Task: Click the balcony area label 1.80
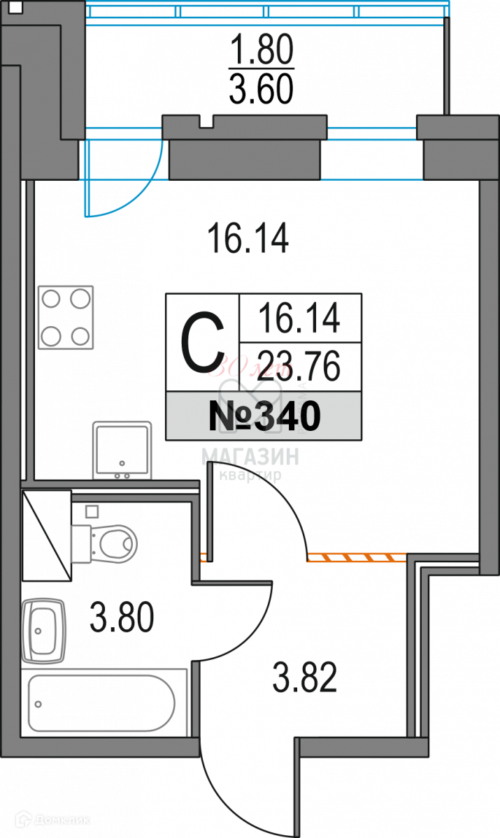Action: (x=262, y=52)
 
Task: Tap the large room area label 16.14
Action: (x=248, y=238)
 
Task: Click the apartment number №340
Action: (x=264, y=417)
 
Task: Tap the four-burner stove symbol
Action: (x=66, y=318)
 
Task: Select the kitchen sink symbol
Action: (x=122, y=450)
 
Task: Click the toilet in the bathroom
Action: (x=105, y=542)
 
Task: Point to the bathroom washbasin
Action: (x=44, y=631)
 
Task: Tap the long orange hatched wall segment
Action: (x=357, y=557)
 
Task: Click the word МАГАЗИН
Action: (x=250, y=457)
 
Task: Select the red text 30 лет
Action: (x=255, y=365)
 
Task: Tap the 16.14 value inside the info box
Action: (x=299, y=318)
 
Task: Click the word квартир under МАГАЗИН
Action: (x=250, y=476)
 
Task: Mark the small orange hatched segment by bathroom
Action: (x=203, y=557)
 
